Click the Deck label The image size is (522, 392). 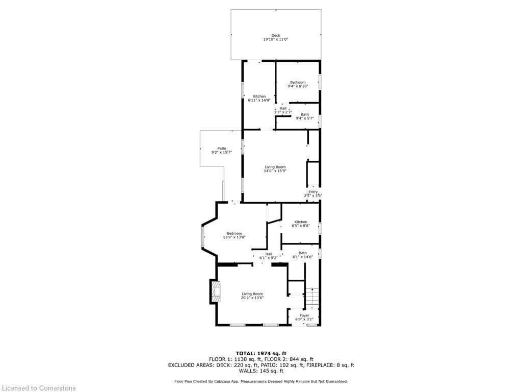click(x=275, y=35)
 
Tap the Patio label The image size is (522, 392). click(x=221, y=148)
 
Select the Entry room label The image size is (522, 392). click(x=312, y=192)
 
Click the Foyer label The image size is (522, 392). click(x=304, y=315)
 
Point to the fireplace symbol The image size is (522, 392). click(x=214, y=291)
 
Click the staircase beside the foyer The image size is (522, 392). click(x=312, y=298)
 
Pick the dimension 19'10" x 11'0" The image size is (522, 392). click(x=275, y=40)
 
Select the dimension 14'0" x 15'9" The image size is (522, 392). click(x=275, y=171)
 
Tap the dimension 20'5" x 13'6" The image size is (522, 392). click(x=252, y=298)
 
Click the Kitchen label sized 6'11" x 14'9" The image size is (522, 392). click(x=259, y=96)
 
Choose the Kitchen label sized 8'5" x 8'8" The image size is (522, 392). click(x=301, y=222)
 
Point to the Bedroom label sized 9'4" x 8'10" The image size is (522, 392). click(x=298, y=82)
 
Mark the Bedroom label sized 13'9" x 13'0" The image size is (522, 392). click(x=234, y=233)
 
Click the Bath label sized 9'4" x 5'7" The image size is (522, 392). click(x=305, y=114)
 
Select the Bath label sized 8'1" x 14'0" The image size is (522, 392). click(x=303, y=253)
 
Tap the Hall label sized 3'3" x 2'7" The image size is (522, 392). click(x=283, y=108)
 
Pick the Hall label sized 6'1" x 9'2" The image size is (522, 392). click(x=269, y=254)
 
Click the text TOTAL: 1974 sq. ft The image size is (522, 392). click(x=261, y=353)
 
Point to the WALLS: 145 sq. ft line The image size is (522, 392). click(x=261, y=371)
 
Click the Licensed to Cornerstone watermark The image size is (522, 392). click(x=38, y=388)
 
